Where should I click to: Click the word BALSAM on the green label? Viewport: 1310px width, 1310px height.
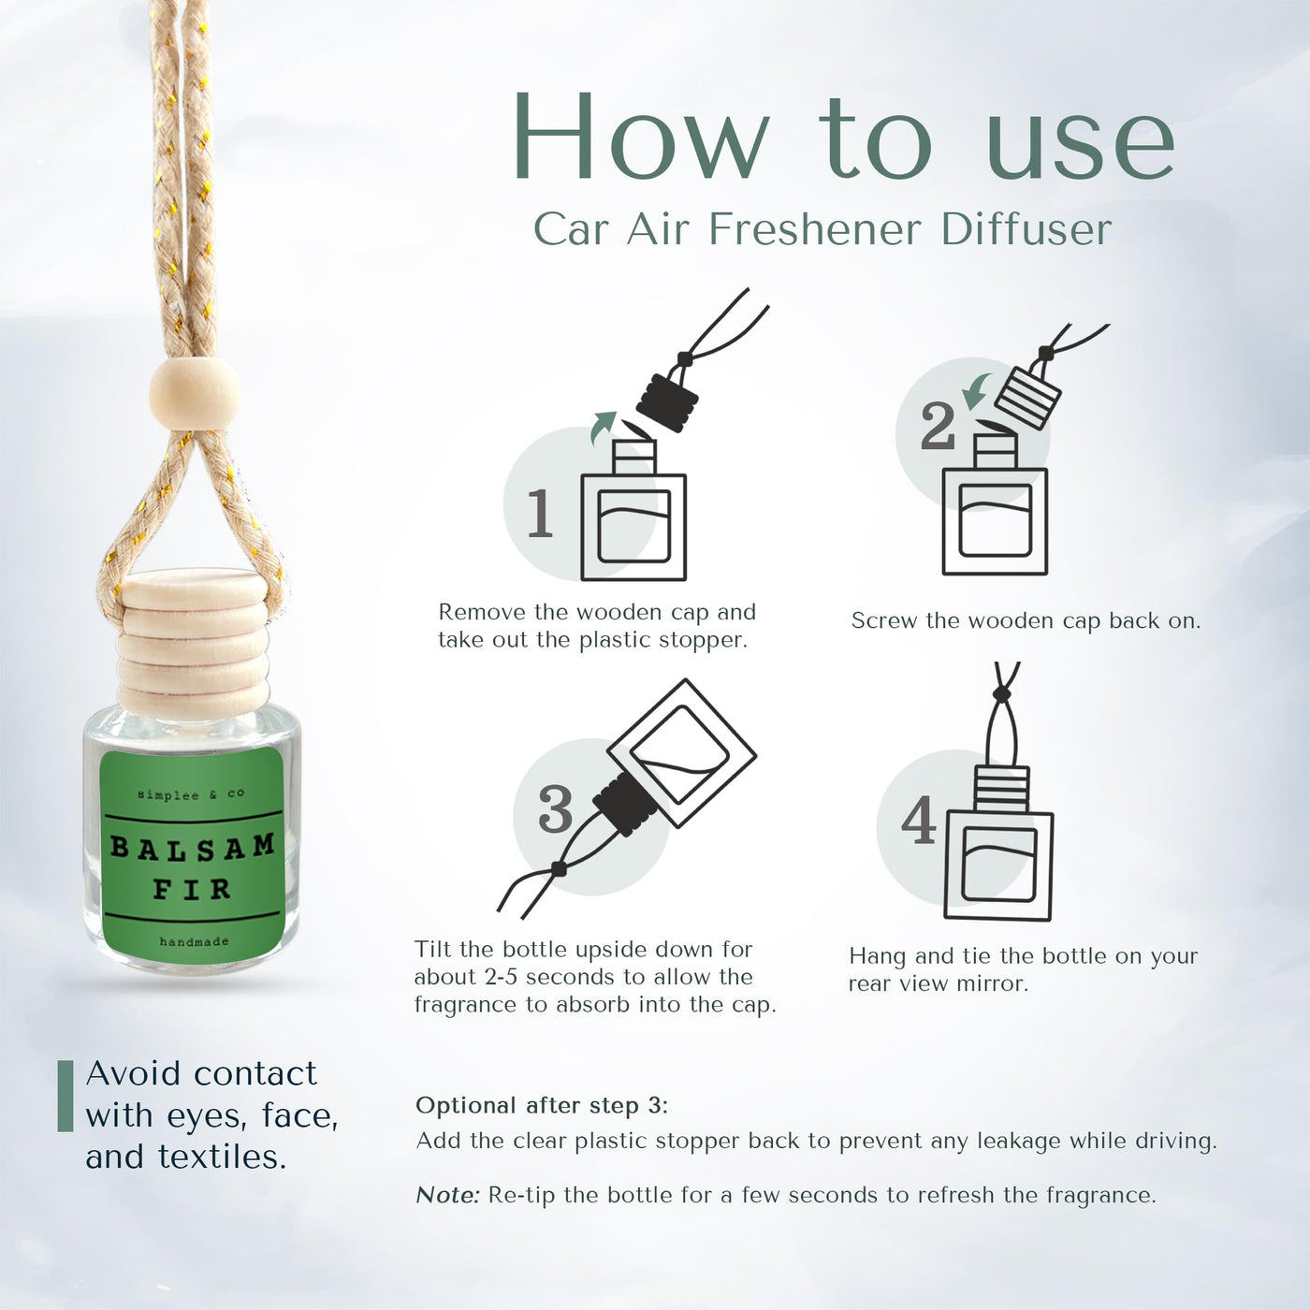click(x=193, y=848)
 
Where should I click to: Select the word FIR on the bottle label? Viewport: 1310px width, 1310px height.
click(x=193, y=890)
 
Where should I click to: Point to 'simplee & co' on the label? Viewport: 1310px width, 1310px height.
click(x=191, y=794)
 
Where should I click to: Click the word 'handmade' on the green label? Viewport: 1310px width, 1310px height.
click(x=194, y=941)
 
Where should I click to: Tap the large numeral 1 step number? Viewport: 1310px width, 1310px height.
click(x=541, y=513)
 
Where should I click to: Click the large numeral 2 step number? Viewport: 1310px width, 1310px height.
click(x=939, y=426)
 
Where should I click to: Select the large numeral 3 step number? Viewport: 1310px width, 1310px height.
click(x=556, y=808)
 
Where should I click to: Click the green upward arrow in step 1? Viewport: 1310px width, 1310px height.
click(x=603, y=427)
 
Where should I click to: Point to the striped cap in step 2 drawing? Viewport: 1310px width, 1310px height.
click(x=1027, y=399)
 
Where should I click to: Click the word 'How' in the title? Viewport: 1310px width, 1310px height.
click(x=641, y=137)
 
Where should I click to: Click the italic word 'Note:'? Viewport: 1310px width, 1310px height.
click(x=448, y=1194)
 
